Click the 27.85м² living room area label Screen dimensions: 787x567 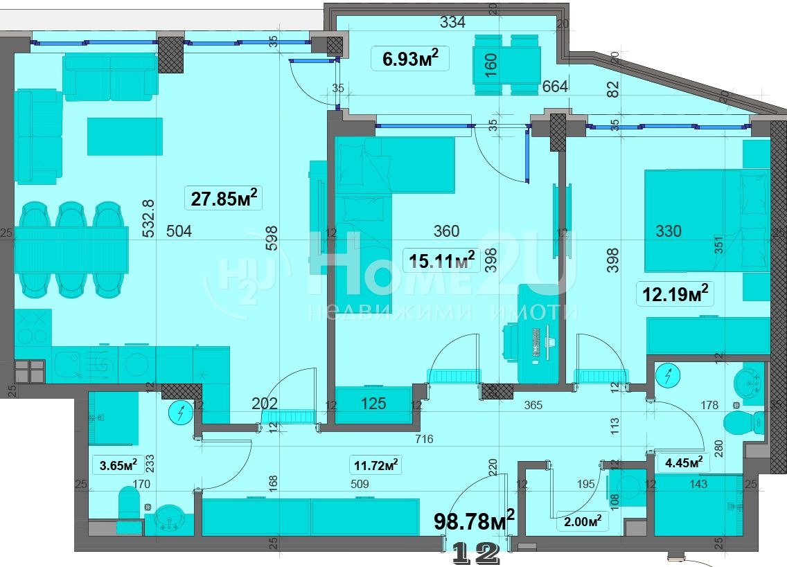[224, 198]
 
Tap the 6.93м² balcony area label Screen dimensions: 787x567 [410, 58]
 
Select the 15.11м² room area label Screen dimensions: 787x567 [442, 260]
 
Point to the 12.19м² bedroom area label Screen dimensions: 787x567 [675, 294]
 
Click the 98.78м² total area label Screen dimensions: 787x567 [475, 521]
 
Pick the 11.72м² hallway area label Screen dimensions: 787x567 [376, 466]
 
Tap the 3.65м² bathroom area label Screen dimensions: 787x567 [118, 465]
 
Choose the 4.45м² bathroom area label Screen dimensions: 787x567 [684, 462]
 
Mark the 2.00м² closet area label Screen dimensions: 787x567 [583, 521]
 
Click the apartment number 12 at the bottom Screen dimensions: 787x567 [476, 553]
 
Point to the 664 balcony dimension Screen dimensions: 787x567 [555, 87]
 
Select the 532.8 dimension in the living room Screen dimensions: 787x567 [148, 218]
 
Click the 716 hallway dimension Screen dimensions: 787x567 [424, 439]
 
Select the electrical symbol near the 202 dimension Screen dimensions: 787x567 [182, 413]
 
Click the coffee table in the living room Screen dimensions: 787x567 [125, 136]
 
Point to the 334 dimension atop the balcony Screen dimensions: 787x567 [452, 22]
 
